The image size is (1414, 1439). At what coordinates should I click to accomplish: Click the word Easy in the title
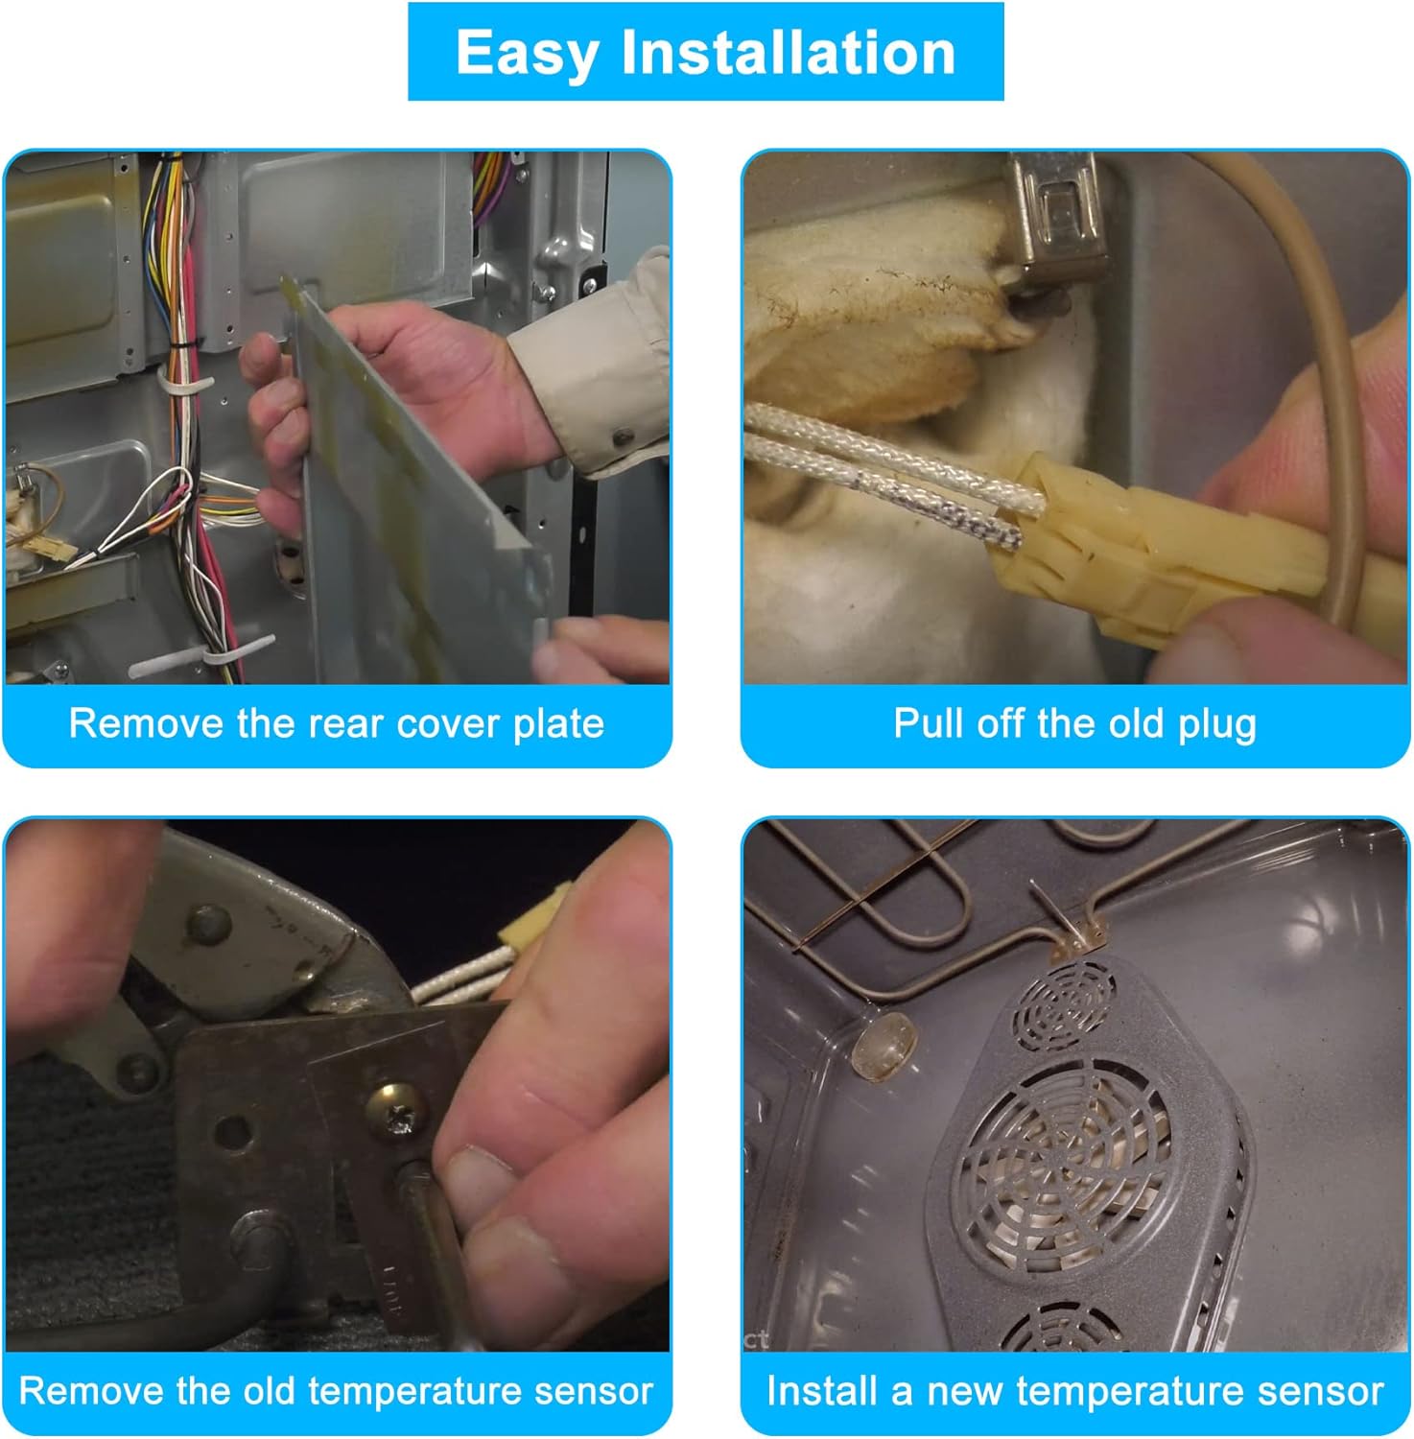(x=526, y=54)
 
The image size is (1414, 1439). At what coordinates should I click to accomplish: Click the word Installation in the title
(x=789, y=52)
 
